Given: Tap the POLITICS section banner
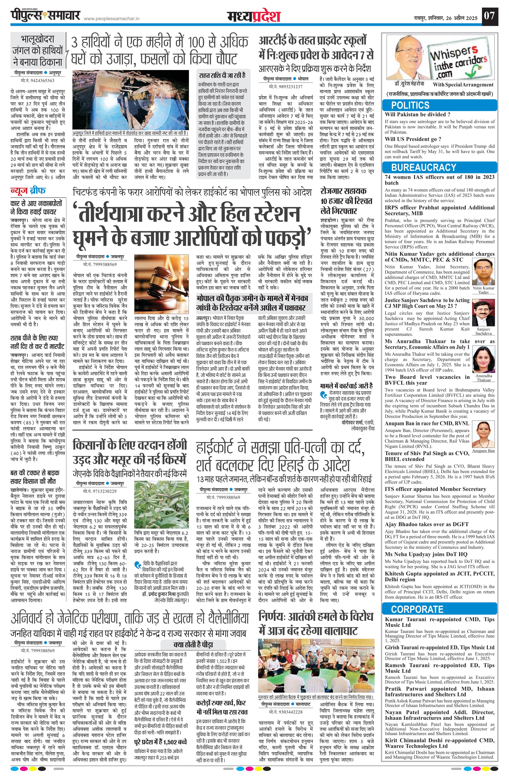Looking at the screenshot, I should click(410, 105).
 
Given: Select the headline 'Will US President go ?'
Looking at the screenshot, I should click(413, 139).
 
